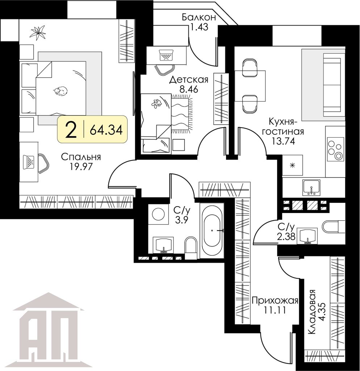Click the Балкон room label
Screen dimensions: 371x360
pos(199,17)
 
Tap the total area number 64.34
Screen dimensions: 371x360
pos(106,129)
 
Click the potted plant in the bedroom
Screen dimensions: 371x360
pos(38,32)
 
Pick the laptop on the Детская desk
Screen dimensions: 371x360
pos(166,55)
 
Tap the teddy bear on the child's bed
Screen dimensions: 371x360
pos(156,103)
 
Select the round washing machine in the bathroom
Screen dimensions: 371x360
pos(159,214)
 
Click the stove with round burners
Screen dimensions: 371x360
pos(335,149)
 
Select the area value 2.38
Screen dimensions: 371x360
pos(286,237)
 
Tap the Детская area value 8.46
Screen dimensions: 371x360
pos(188,89)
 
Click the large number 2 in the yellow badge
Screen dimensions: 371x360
pos(71,129)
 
